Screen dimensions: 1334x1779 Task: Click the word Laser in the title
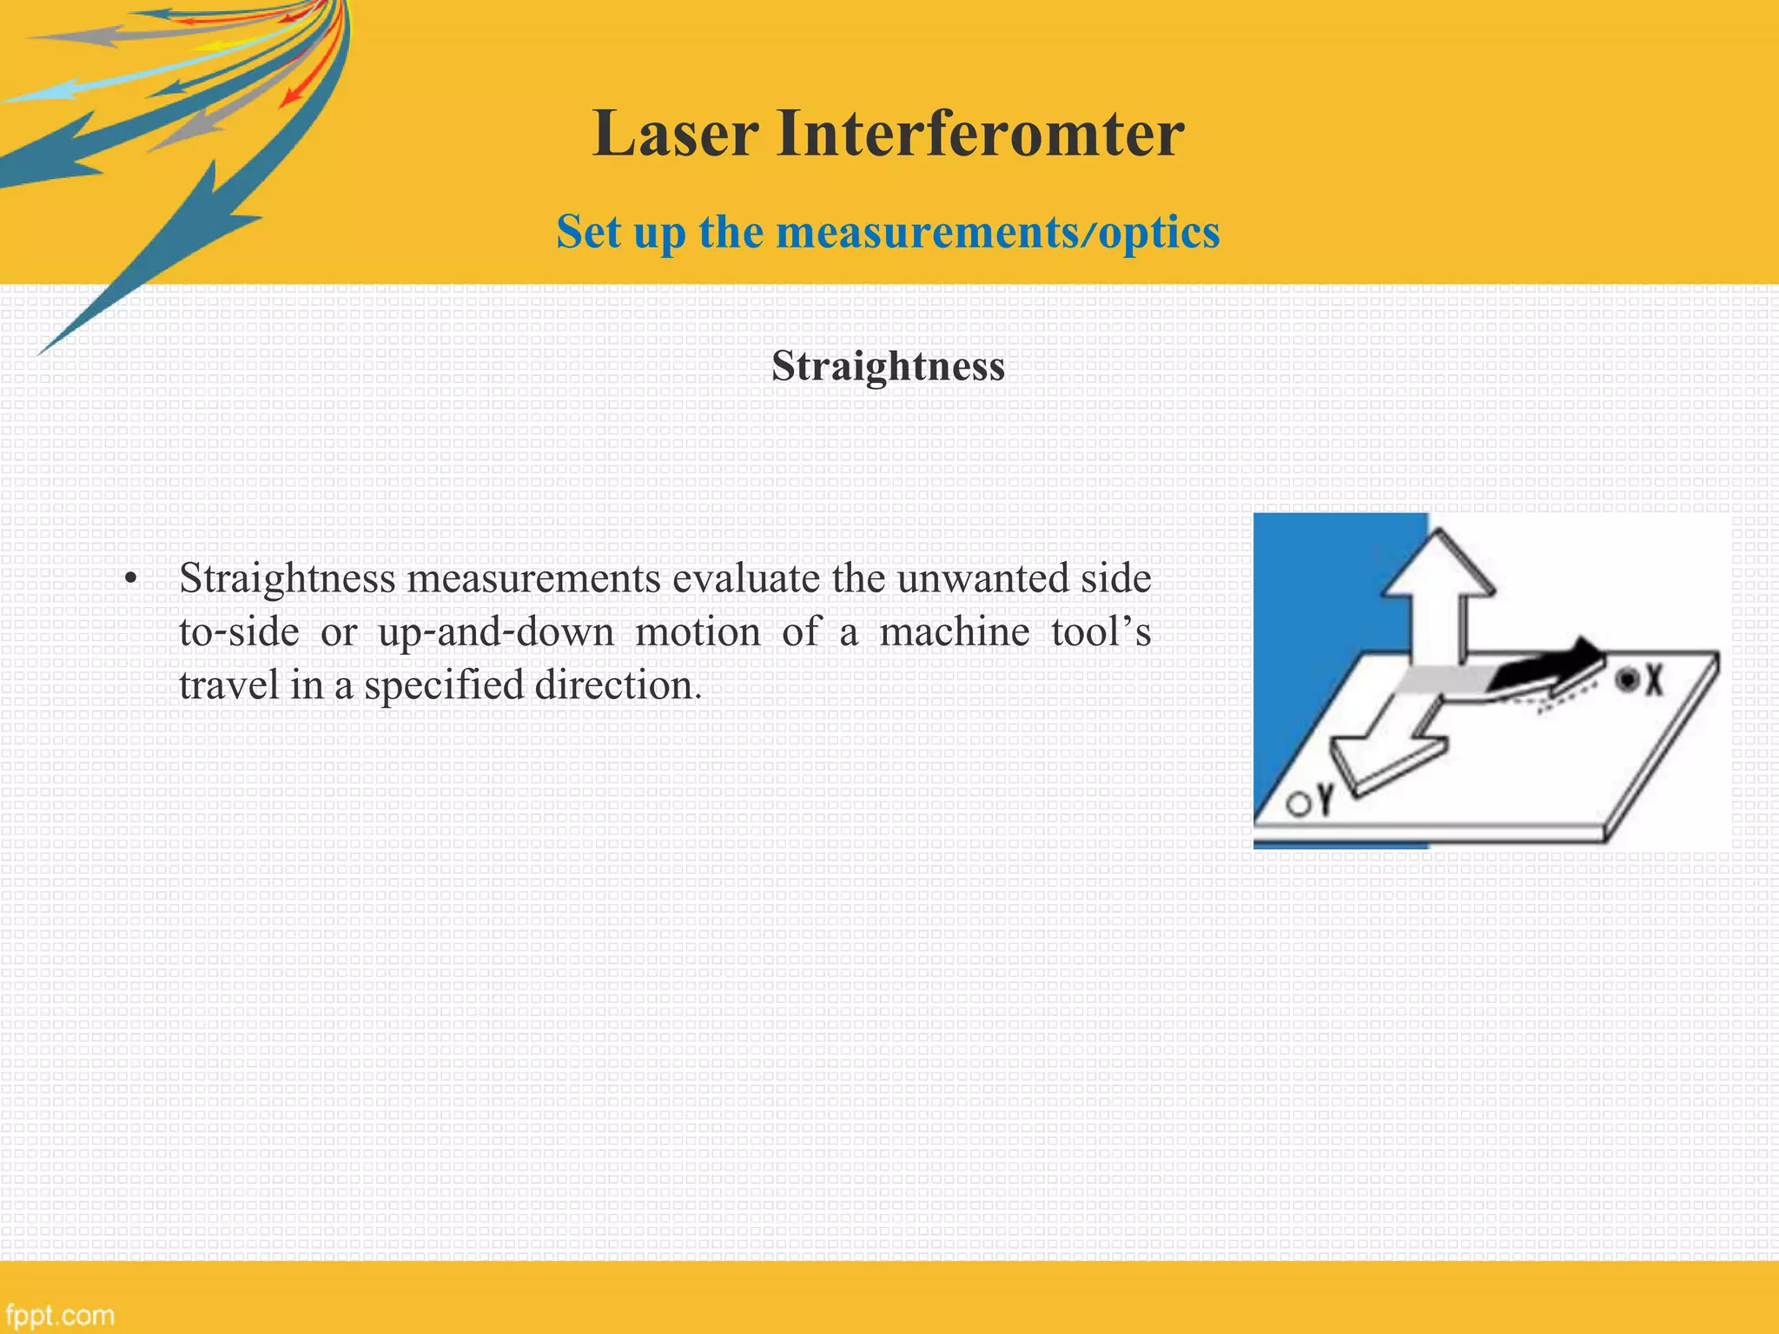point(675,134)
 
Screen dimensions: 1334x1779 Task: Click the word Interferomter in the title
point(980,134)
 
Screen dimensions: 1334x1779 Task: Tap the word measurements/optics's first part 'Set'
point(587,232)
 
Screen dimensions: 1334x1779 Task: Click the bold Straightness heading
point(888,366)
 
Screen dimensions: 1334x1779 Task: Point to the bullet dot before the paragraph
point(131,580)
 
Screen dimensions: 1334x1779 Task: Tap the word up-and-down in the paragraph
point(496,632)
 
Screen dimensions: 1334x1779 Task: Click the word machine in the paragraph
point(954,632)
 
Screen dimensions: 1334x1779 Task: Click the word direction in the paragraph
point(617,685)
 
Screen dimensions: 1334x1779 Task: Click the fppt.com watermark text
point(59,1315)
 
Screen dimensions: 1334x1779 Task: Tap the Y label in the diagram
point(1324,801)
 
